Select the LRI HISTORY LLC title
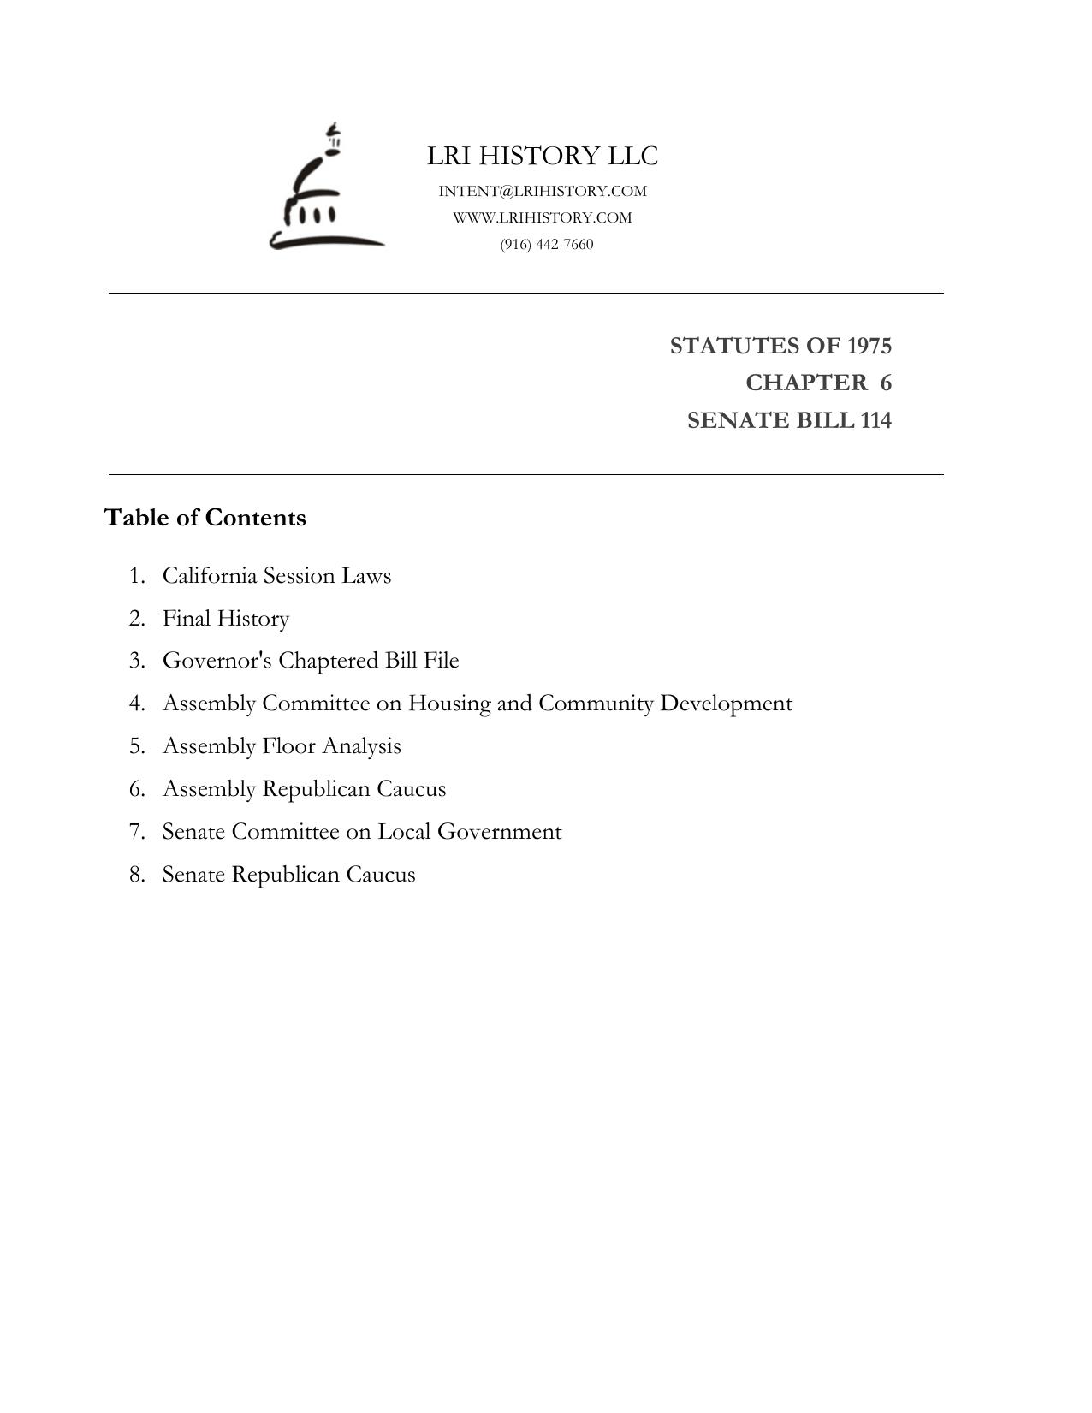tap(543, 156)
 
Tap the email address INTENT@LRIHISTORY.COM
tap(543, 191)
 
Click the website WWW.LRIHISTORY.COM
tap(543, 217)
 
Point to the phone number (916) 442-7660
tap(547, 244)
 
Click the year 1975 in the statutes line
tap(869, 346)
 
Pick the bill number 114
tap(876, 420)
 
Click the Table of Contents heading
tap(205, 518)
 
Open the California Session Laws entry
tap(276, 575)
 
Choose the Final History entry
tap(226, 618)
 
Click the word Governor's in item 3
tap(217, 661)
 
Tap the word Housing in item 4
tap(448, 704)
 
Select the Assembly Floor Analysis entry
tap(282, 746)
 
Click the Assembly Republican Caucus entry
tap(304, 789)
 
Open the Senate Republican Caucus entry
tap(288, 875)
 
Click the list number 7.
tap(137, 832)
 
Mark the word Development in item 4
tap(726, 704)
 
